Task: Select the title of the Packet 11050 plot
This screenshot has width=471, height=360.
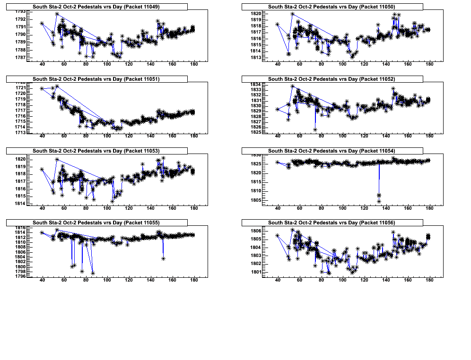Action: point(331,7)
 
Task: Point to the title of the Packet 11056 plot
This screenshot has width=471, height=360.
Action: point(331,223)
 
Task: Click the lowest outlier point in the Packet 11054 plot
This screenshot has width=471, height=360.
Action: point(379,201)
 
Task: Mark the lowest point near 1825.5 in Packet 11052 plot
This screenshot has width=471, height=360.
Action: point(315,129)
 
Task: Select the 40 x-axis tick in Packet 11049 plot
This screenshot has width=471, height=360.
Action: point(42,64)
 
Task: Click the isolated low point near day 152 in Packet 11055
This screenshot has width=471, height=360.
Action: point(163,258)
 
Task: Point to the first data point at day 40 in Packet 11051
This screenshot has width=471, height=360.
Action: point(42,88)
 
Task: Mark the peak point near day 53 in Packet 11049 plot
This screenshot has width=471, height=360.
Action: point(57,14)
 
